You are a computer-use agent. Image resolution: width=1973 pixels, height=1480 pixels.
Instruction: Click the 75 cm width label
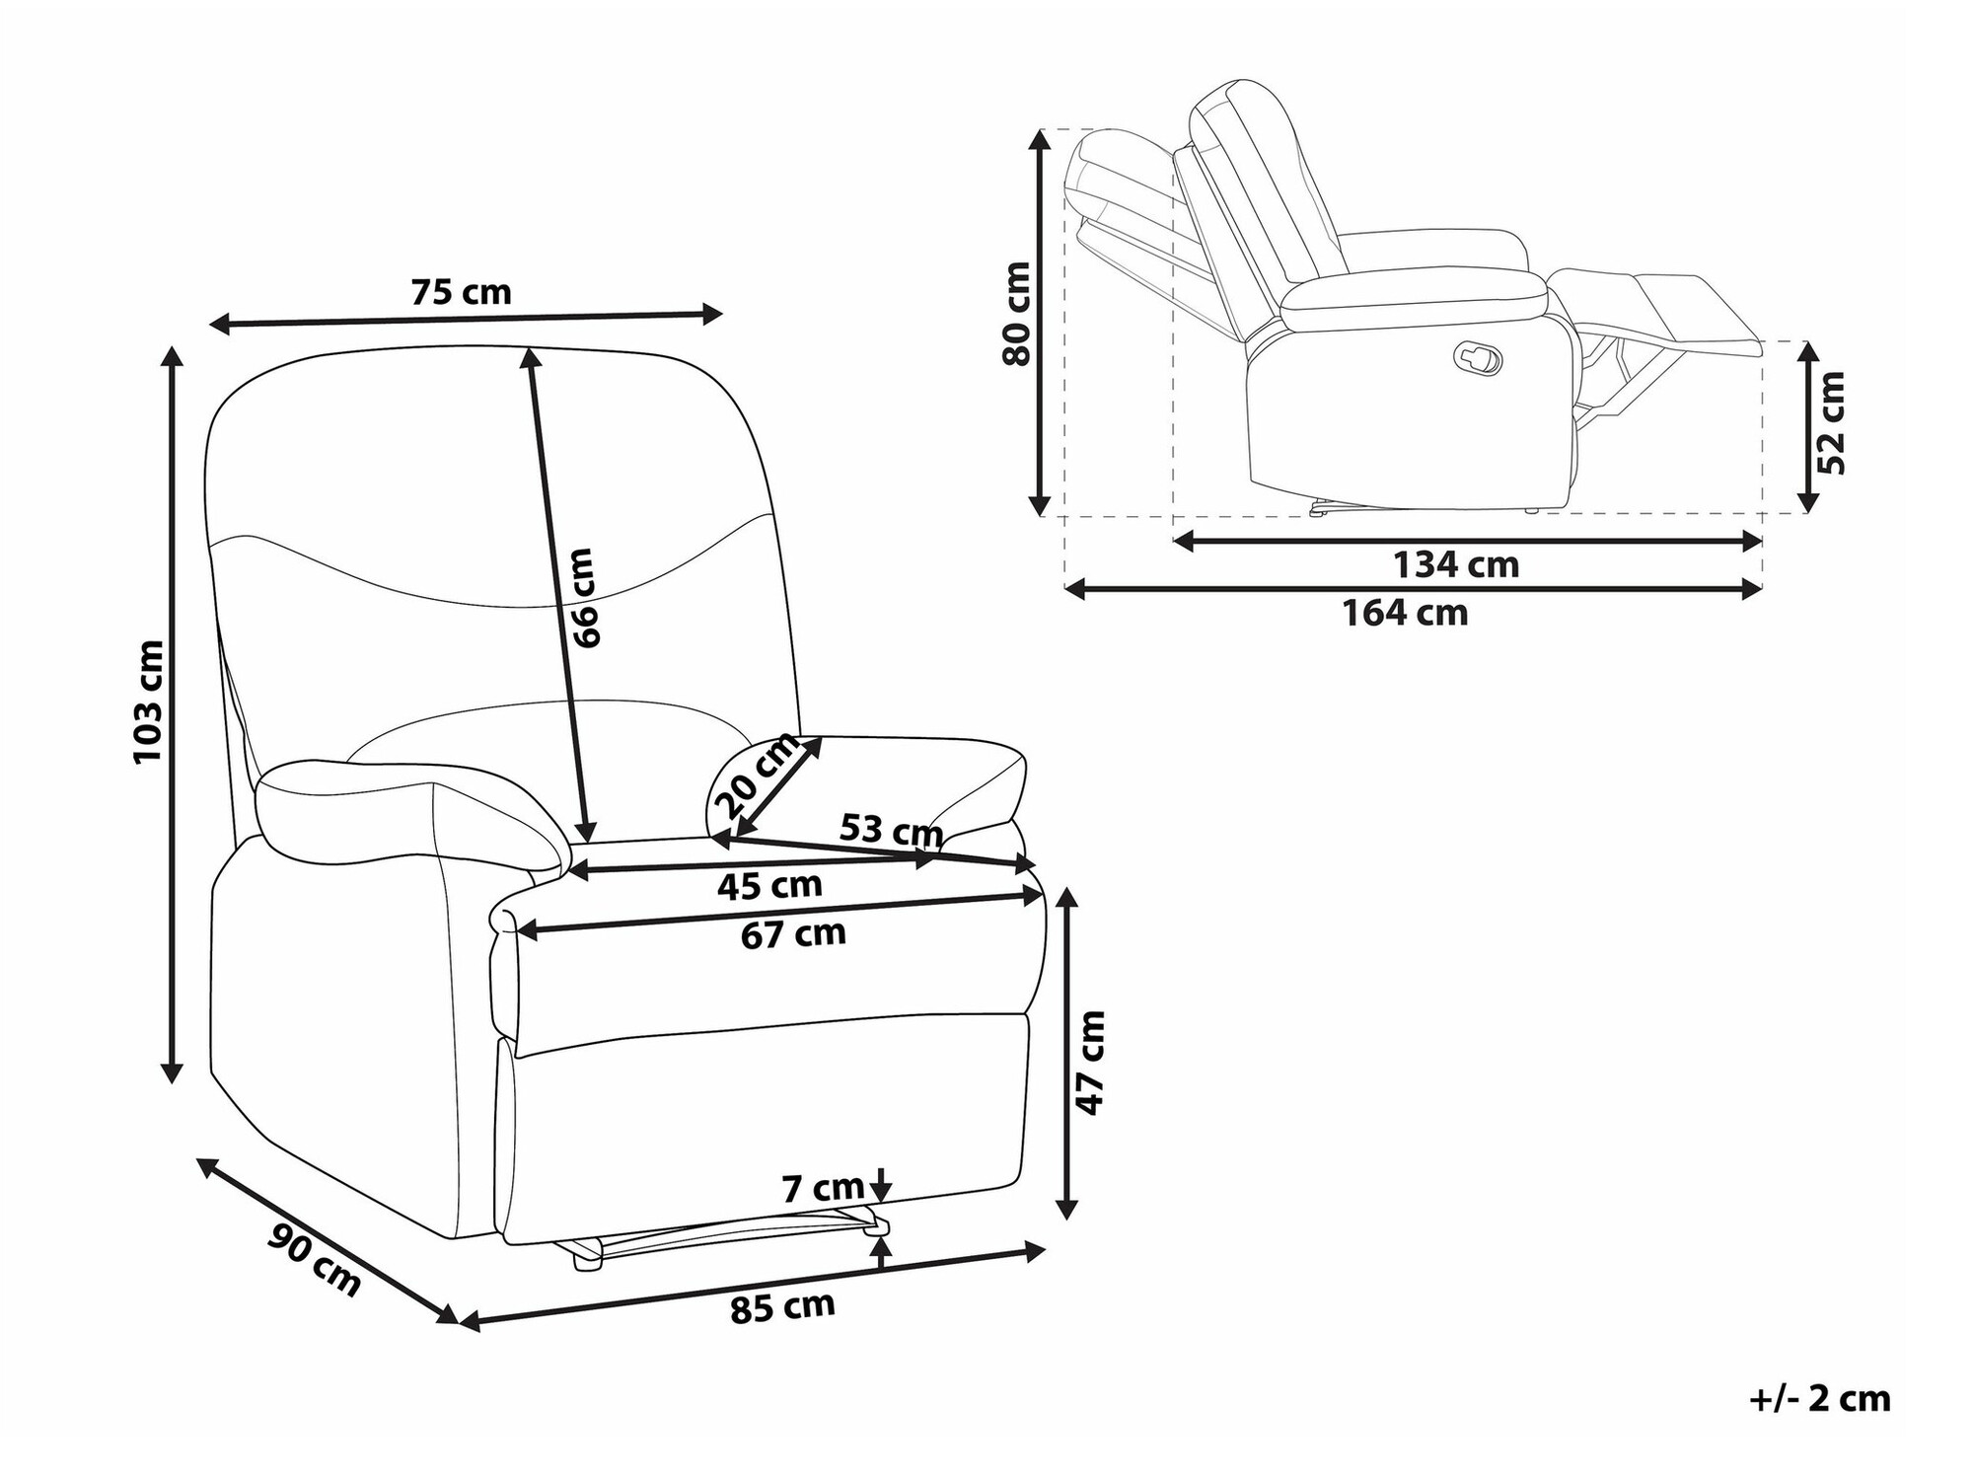tap(461, 292)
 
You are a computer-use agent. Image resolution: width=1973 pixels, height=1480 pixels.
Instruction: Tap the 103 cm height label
tap(148, 702)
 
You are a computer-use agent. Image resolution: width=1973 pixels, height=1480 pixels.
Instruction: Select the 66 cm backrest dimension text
tap(584, 598)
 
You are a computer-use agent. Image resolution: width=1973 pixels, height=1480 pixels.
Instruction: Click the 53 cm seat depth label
tap(891, 830)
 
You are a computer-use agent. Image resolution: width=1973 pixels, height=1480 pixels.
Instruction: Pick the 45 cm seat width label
tap(769, 886)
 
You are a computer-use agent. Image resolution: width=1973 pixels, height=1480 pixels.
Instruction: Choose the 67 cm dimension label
tap(794, 933)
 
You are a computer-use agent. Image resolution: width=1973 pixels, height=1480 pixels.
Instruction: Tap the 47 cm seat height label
tap(1091, 1063)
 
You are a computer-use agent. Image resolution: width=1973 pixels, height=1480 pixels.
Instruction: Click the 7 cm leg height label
tap(824, 1188)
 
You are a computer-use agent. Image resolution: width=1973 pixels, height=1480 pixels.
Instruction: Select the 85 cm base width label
tap(783, 1308)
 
